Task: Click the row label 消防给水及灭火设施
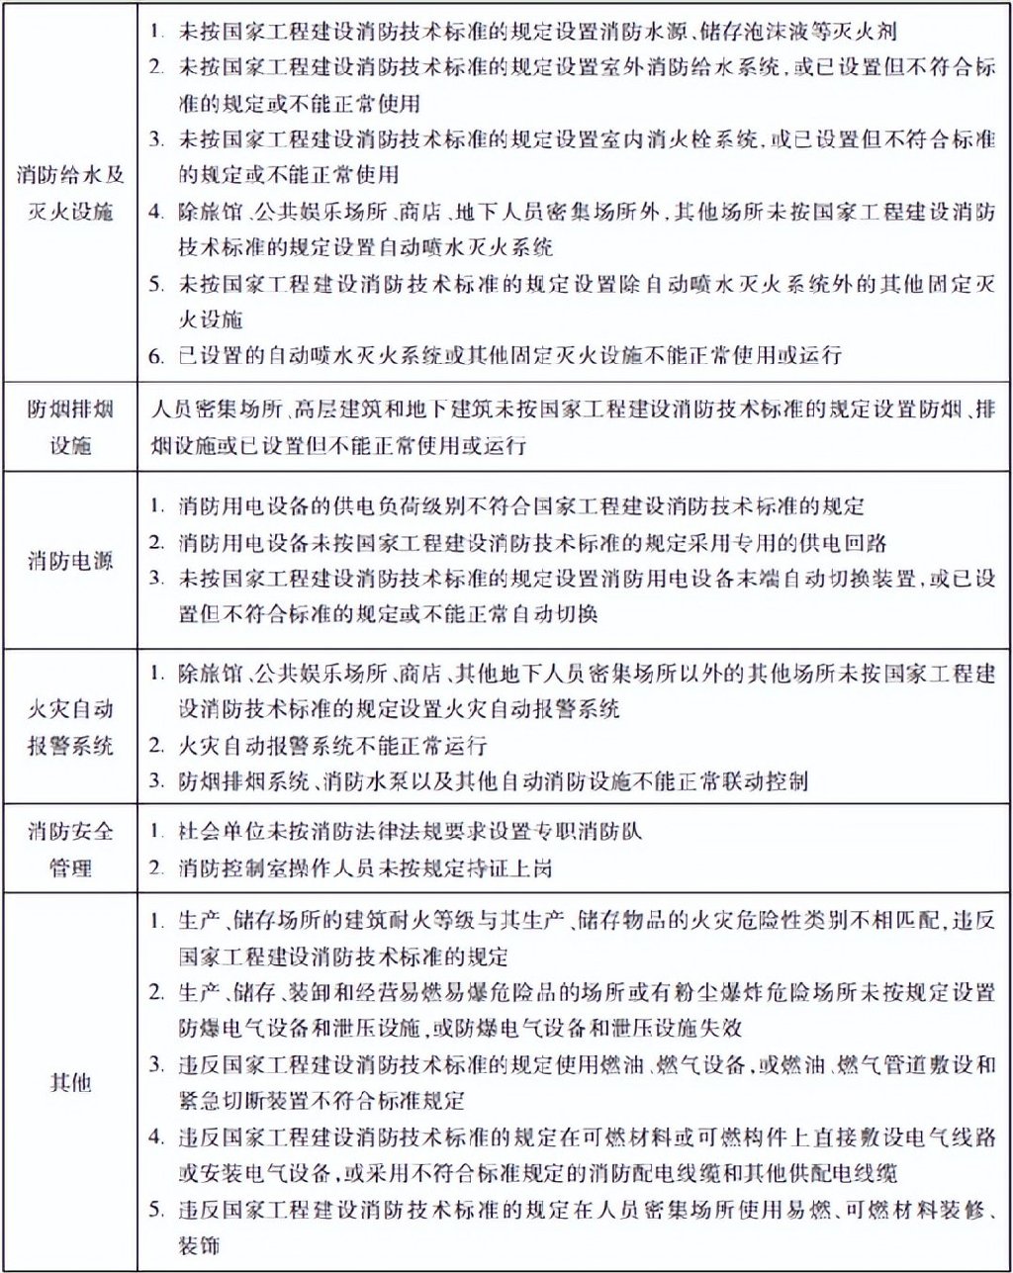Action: (70, 194)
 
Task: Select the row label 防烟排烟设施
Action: (70, 427)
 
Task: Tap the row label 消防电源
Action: (70, 561)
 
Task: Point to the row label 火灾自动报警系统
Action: (70, 726)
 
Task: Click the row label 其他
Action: (70, 1081)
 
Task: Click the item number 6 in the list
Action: (156, 355)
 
